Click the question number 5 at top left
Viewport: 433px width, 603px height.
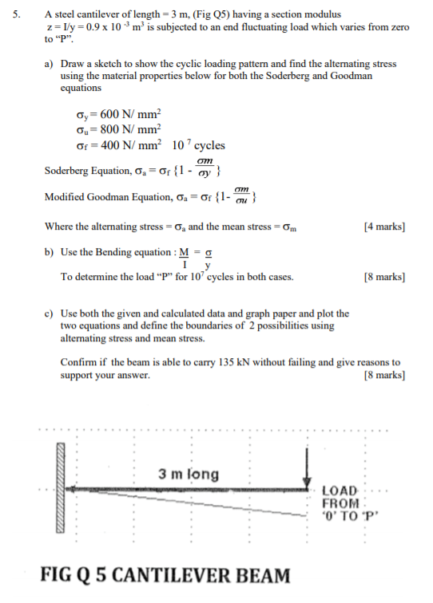(x=18, y=14)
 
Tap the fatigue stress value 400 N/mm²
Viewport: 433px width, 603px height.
(x=126, y=145)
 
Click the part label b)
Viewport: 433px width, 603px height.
(x=50, y=251)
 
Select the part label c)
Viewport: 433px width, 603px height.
(x=50, y=313)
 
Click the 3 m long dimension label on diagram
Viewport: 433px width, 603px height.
(x=189, y=474)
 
